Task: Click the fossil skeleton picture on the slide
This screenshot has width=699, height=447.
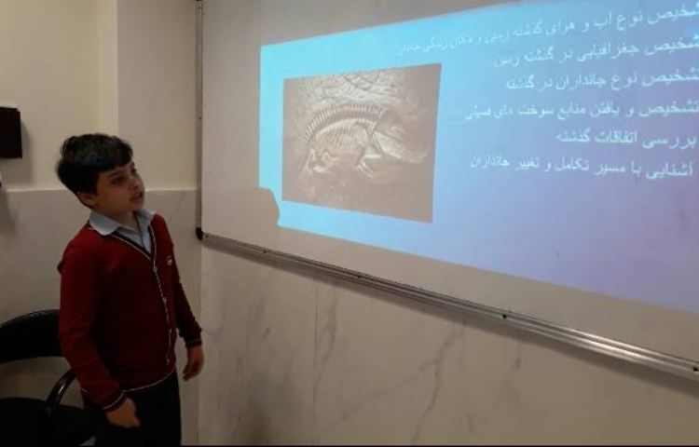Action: point(361,142)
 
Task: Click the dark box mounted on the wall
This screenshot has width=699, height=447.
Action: point(9,132)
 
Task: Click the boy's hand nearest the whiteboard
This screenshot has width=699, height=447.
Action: point(193,362)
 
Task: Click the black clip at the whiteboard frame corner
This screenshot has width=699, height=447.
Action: point(199,233)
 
